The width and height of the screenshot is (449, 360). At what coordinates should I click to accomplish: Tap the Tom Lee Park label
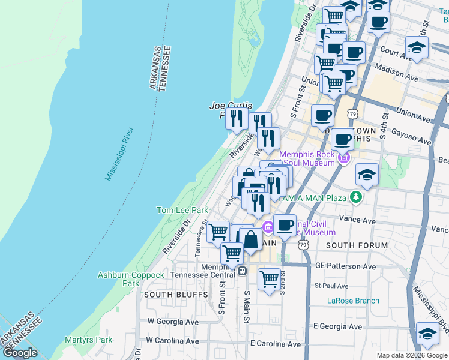(182, 210)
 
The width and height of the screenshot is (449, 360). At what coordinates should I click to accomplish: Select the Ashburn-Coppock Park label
(131, 279)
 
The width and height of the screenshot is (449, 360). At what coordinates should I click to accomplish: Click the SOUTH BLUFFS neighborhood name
(175, 295)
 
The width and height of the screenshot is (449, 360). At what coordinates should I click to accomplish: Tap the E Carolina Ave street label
(275, 344)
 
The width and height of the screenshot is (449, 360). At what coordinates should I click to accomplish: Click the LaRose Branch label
(353, 301)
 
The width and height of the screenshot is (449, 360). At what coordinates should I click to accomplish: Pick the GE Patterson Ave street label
(345, 266)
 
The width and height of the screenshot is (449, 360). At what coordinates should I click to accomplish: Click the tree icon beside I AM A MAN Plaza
(356, 197)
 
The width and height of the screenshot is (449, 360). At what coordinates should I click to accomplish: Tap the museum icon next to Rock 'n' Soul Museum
(343, 158)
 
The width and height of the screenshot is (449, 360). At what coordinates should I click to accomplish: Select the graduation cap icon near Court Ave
(417, 47)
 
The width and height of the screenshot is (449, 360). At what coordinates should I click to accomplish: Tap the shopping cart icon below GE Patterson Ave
(270, 278)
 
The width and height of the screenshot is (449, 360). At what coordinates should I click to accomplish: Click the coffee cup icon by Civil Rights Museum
(285, 225)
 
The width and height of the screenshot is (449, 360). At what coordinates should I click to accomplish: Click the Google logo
(21, 353)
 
